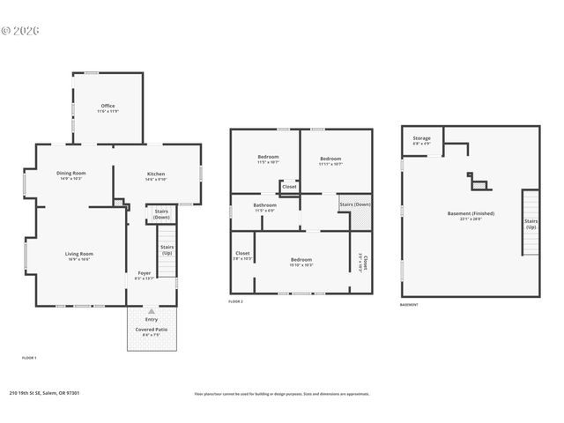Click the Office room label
pyautogui.click(x=107, y=108)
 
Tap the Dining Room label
pyautogui.click(x=71, y=175)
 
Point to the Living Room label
pyautogui.click(x=78, y=256)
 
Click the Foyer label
pyautogui.click(x=144, y=275)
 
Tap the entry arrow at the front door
pyautogui.click(x=152, y=311)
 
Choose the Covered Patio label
pyautogui.click(x=151, y=331)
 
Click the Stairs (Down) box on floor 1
pyautogui.click(x=161, y=214)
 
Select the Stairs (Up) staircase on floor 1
pyautogui.click(x=167, y=250)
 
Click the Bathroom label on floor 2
pyautogui.click(x=264, y=207)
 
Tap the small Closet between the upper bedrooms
pyautogui.click(x=289, y=187)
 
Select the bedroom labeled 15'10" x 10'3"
pyautogui.click(x=301, y=262)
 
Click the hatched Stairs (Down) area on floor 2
pyautogui.click(x=354, y=205)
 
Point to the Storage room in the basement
pyautogui.click(x=421, y=140)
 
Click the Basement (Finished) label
pyautogui.click(x=471, y=215)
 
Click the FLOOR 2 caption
pyautogui.click(x=235, y=302)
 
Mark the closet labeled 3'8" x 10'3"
pyautogui.click(x=242, y=256)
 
